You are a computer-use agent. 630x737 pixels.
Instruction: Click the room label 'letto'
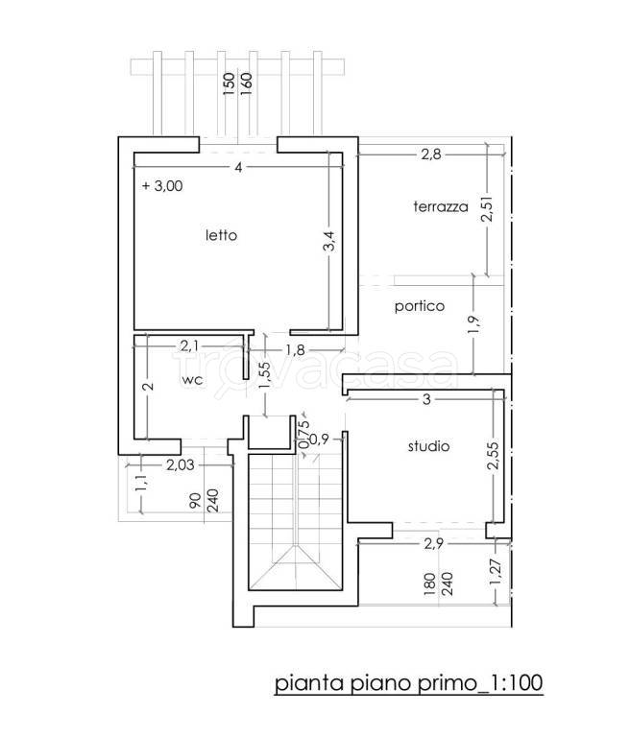click(221, 235)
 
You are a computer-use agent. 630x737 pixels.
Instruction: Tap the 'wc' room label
click(192, 379)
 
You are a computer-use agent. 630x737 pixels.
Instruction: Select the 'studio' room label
click(428, 445)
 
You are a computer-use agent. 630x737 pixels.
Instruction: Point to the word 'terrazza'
click(441, 206)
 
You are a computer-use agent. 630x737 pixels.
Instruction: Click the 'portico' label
click(420, 306)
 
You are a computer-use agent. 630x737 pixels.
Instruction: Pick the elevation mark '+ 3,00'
click(162, 185)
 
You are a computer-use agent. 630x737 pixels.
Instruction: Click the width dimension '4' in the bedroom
click(238, 167)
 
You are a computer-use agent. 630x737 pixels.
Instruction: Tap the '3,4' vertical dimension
click(329, 241)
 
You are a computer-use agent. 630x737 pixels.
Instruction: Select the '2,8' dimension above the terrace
click(431, 155)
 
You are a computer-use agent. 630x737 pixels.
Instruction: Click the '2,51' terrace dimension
click(488, 208)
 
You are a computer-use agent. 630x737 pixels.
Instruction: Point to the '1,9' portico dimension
click(473, 325)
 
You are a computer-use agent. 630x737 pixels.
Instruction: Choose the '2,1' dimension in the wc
click(189, 345)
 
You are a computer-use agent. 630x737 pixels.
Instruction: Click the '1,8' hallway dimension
click(295, 349)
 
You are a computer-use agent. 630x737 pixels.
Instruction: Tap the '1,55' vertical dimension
click(265, 375)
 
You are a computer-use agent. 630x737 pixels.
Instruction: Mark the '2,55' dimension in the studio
click(492, 456)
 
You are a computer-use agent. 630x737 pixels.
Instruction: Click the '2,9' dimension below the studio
click(433, 543)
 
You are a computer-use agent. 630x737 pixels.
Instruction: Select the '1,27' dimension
click(496, 572)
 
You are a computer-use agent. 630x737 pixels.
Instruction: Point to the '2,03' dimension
click(180, 464)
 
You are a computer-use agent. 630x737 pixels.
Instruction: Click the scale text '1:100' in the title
click(517, 683)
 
